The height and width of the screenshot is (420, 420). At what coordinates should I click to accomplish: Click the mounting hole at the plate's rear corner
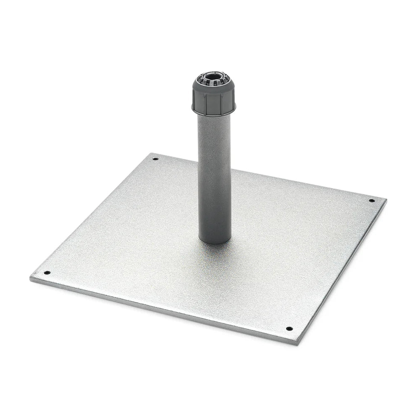tap(155, 159)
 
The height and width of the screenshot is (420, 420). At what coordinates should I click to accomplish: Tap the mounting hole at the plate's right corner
tap(372, 200)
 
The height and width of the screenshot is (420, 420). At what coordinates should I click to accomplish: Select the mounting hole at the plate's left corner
tap(47, 273)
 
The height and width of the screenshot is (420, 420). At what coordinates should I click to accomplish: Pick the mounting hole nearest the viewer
tap(289, 328)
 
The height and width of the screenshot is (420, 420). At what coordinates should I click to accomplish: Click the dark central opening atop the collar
tap(213, 78)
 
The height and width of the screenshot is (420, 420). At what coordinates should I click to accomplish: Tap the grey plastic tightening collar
tap(214, 99)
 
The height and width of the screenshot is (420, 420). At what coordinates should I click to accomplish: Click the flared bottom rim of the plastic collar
tap(214, 113)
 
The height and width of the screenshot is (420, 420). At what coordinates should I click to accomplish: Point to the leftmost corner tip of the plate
tap(31, 278)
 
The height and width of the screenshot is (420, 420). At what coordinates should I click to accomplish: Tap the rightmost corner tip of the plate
tap(386, 199)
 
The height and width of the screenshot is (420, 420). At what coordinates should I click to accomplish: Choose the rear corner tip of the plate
tap(151, 153)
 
